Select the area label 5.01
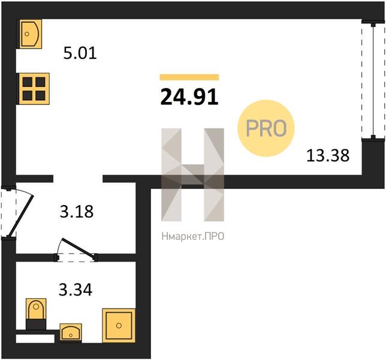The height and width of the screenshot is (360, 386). pos(80,53)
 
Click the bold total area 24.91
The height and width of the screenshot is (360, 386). pos(189,97)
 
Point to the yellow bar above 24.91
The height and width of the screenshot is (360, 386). pos(189,77)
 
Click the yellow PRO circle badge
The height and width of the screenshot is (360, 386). pos(266,128)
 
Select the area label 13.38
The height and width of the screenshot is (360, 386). pos(328,156)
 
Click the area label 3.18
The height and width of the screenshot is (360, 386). pos(77,211)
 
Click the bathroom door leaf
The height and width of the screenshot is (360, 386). pos(79,248)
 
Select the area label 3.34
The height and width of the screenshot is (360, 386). pos(76,290)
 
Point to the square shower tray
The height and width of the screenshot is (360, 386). pos(119,326)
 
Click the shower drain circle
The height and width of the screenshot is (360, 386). pos(119,326)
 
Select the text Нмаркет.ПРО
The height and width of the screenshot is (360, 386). pos(193,236)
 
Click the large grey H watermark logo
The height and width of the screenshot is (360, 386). pos(193,175)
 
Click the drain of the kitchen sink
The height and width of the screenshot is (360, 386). pos(27,34)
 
